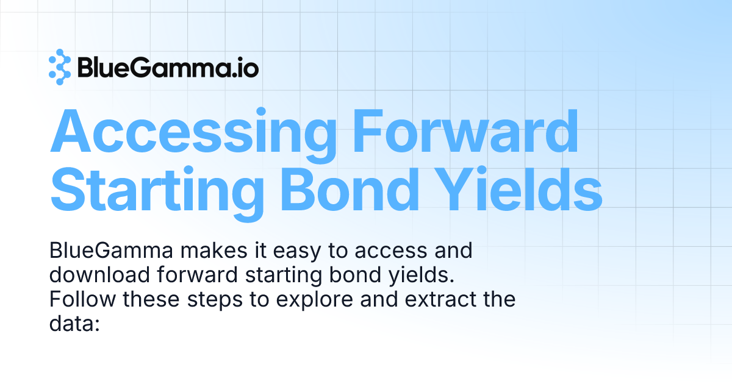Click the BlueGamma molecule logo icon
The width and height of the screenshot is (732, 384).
60,67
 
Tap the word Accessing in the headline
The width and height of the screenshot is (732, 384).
194,132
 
